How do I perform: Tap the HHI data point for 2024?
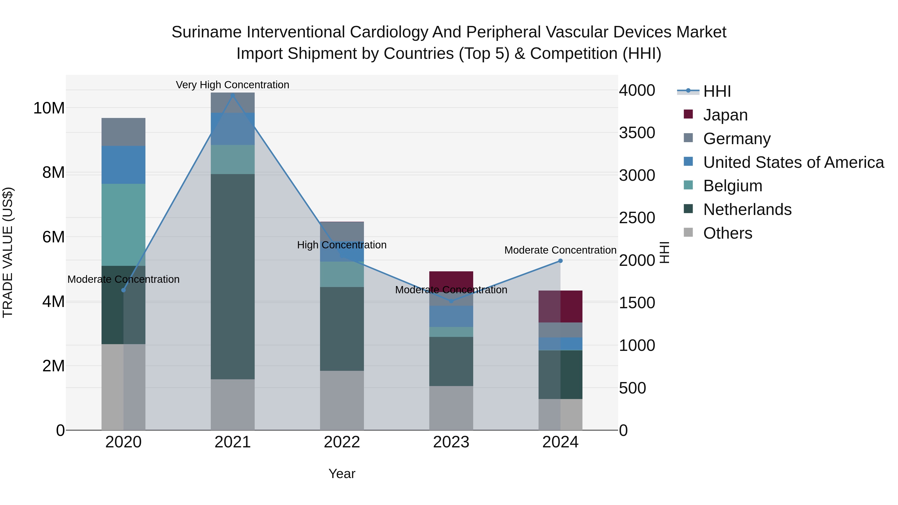coord(561,261)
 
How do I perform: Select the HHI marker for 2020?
coord(123,290)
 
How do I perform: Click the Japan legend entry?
coord(725,115)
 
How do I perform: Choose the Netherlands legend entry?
coord(747,209)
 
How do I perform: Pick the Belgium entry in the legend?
coord(732,186)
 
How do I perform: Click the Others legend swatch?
coord(688,232)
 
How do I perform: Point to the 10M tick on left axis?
coord(49,108)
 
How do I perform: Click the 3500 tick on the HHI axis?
coord(637,133)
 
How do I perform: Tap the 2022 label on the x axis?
coord(342,442)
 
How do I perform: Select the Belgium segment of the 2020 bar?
coord(123,225)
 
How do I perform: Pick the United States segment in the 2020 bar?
coord(123,165)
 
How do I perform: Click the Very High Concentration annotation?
coord(232,85)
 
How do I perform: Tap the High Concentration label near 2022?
coord(342,245)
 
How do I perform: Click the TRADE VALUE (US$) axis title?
coord(8,252)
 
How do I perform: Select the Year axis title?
coord(342,474)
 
